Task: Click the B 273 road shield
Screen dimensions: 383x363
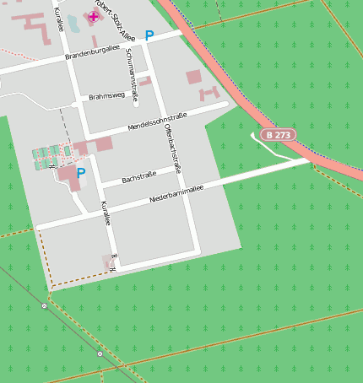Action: pos(278,135)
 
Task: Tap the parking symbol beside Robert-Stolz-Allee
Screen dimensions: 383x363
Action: pos(149,36)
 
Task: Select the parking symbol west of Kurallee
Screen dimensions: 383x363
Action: pos(81,173)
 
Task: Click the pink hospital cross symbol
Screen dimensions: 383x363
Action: pos(93,17)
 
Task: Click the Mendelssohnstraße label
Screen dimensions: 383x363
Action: pos(157,120)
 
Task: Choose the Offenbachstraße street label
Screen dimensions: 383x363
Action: pos(174,148)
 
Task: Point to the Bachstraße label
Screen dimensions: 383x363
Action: pos(140,178)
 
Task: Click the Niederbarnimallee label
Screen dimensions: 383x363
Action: pos(176,194)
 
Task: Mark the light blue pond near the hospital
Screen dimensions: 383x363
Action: pos(73,23)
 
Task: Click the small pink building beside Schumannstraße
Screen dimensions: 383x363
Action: pos(145,81)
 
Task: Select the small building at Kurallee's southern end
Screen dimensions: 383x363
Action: pos(108,262)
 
